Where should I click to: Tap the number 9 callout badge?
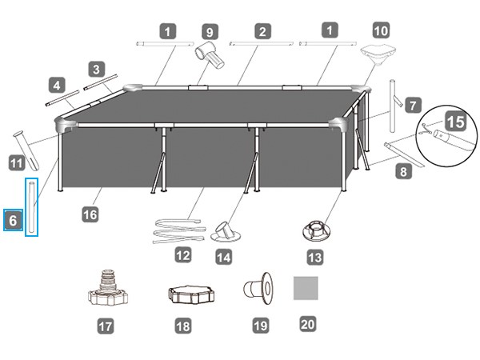coord(210,32)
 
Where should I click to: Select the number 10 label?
coord(381,32)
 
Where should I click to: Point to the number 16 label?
coord(91,214)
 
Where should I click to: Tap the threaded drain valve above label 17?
coord(108,289)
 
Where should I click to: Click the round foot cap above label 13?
coord(314,231)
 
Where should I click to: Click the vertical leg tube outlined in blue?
coord(32,207)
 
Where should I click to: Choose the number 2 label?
coord(262,32)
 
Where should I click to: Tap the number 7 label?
coord(412,105)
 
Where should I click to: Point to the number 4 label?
coord(56,83)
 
